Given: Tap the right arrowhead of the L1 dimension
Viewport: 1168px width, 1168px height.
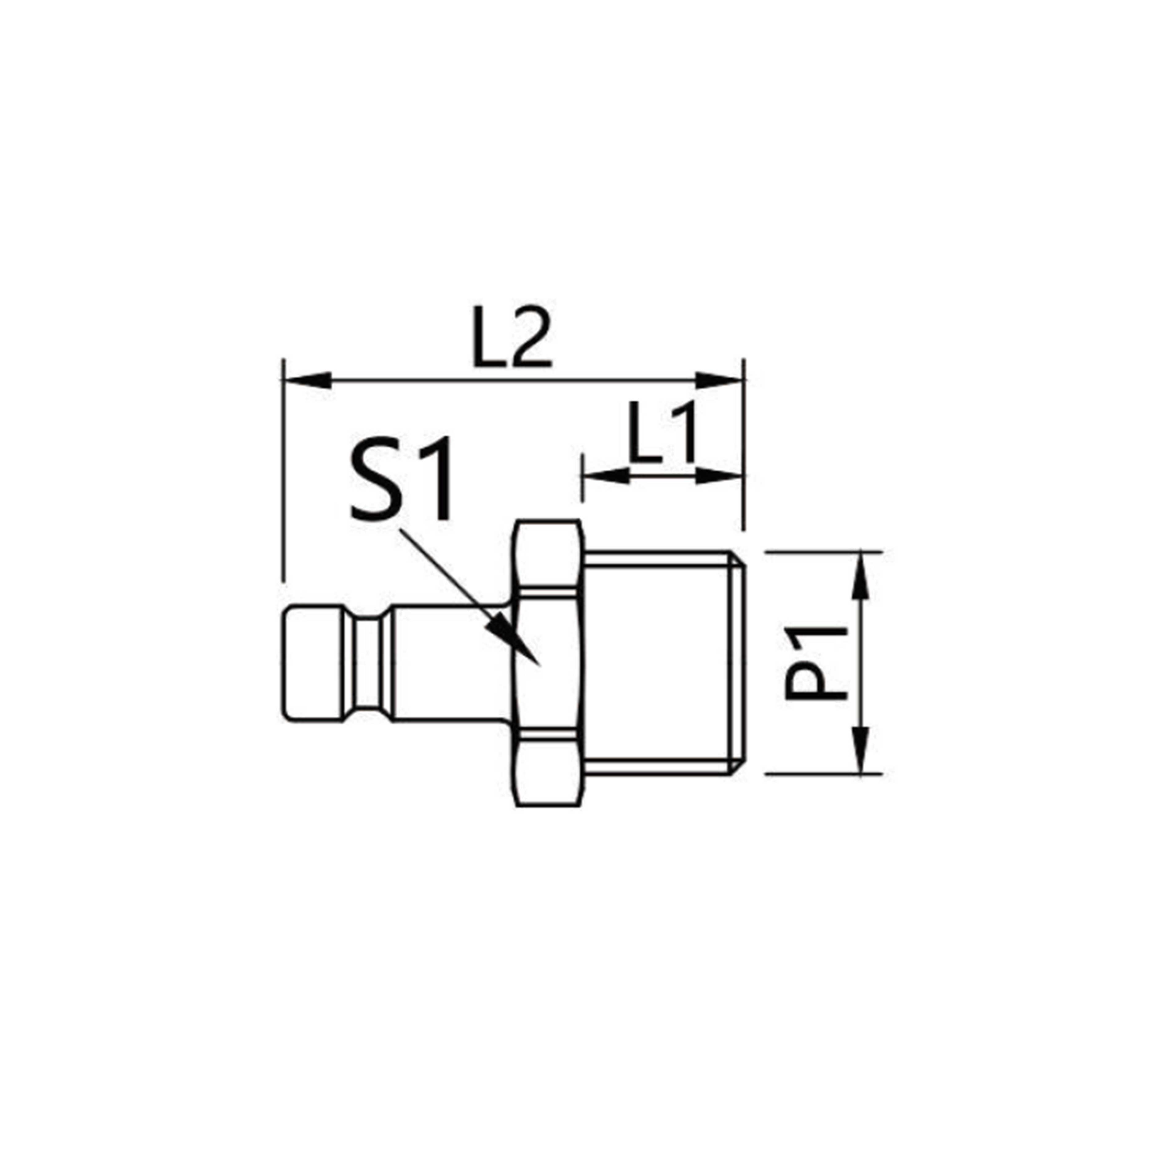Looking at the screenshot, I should [x=720, y=476].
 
